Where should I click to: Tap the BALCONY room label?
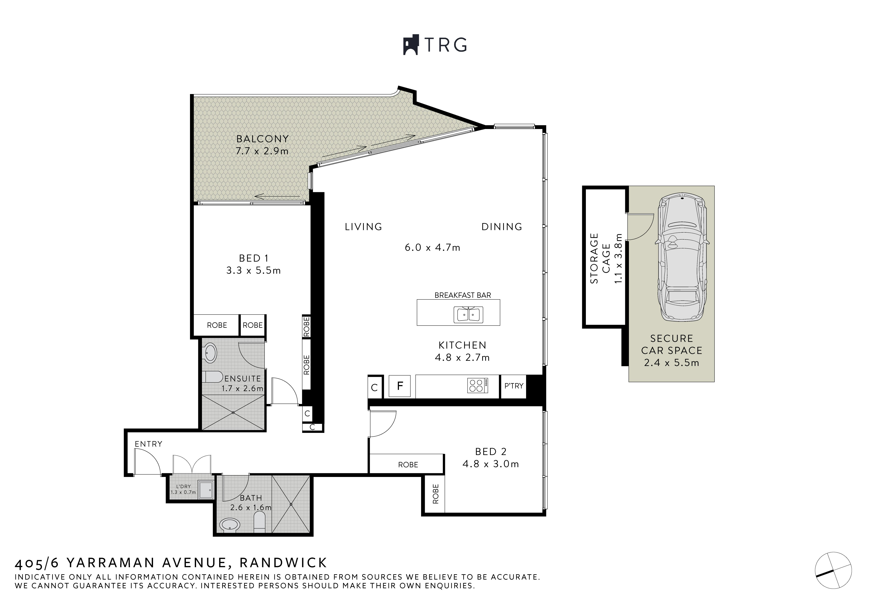coord(262,139)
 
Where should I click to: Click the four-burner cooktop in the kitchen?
coord(477,386)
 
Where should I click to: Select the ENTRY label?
coord(148,444)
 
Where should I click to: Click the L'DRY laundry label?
coord(183,487)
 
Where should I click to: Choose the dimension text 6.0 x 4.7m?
coord(432,248)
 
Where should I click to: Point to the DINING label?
coord(502,227)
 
